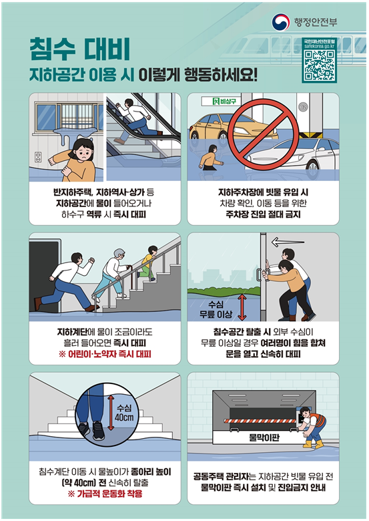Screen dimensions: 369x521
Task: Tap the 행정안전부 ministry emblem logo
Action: point(281,22)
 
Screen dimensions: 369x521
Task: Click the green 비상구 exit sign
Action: point(221,101)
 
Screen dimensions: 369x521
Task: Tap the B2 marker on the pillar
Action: point(303,107)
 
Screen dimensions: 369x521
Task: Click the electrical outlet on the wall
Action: point(38,157)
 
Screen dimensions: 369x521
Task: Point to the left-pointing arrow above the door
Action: point(288,242)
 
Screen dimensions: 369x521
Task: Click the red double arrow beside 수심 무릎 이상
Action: point(242,308)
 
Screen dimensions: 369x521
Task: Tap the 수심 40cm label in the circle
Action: point(124,413)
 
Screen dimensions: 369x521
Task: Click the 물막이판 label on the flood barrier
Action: point(264,438)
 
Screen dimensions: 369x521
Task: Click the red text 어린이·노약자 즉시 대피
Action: point(105,354)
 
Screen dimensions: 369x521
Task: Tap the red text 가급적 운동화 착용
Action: point(105,494)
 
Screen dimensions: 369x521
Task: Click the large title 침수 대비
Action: point(79,49)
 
